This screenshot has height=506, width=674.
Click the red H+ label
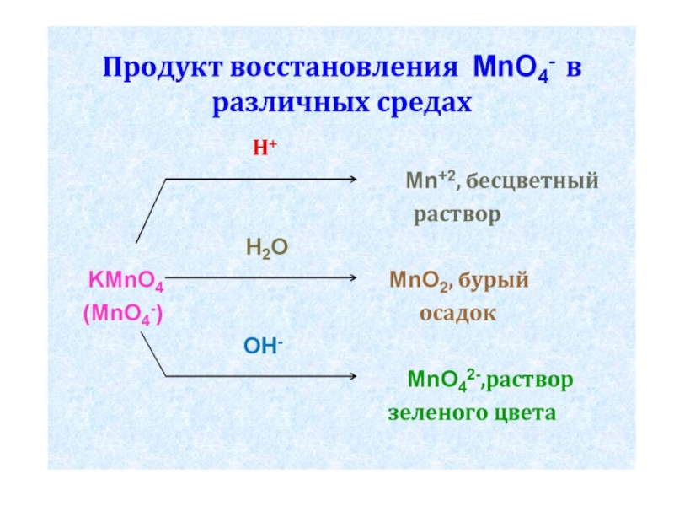point(265,148)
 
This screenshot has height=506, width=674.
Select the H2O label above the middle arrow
point(267,247)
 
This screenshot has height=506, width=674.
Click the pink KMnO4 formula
point(126,279)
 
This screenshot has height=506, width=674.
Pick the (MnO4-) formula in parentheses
point(123,314)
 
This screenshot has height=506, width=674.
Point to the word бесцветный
point(533,180)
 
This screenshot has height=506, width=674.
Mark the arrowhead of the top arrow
point(356,179)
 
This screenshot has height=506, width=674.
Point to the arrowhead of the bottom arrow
point(356,376)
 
